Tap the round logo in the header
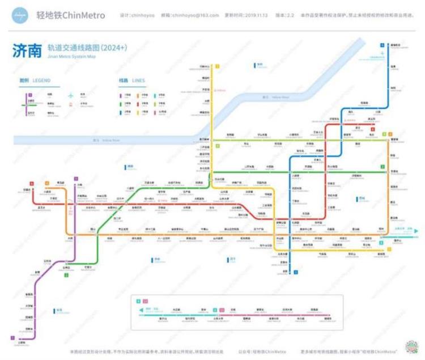[21, 15]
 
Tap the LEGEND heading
[42, 81]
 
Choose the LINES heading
[139, 81]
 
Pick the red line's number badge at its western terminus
[32, 183]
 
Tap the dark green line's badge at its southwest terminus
[66, 275]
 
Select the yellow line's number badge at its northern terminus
[216, 66]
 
